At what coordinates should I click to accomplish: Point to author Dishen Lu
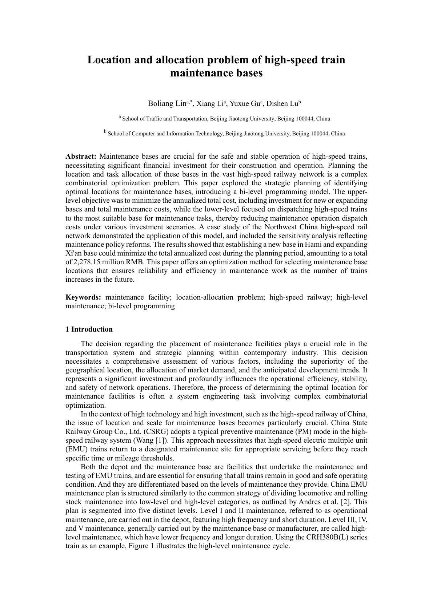[x=282, y=104]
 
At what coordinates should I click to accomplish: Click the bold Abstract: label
[x=81, y=157]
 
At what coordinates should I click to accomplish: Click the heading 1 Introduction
[x=89, y=329]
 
